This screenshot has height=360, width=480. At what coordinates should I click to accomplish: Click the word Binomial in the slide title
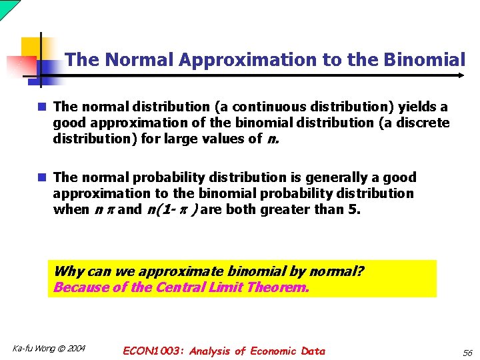click(x=424, y=60)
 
